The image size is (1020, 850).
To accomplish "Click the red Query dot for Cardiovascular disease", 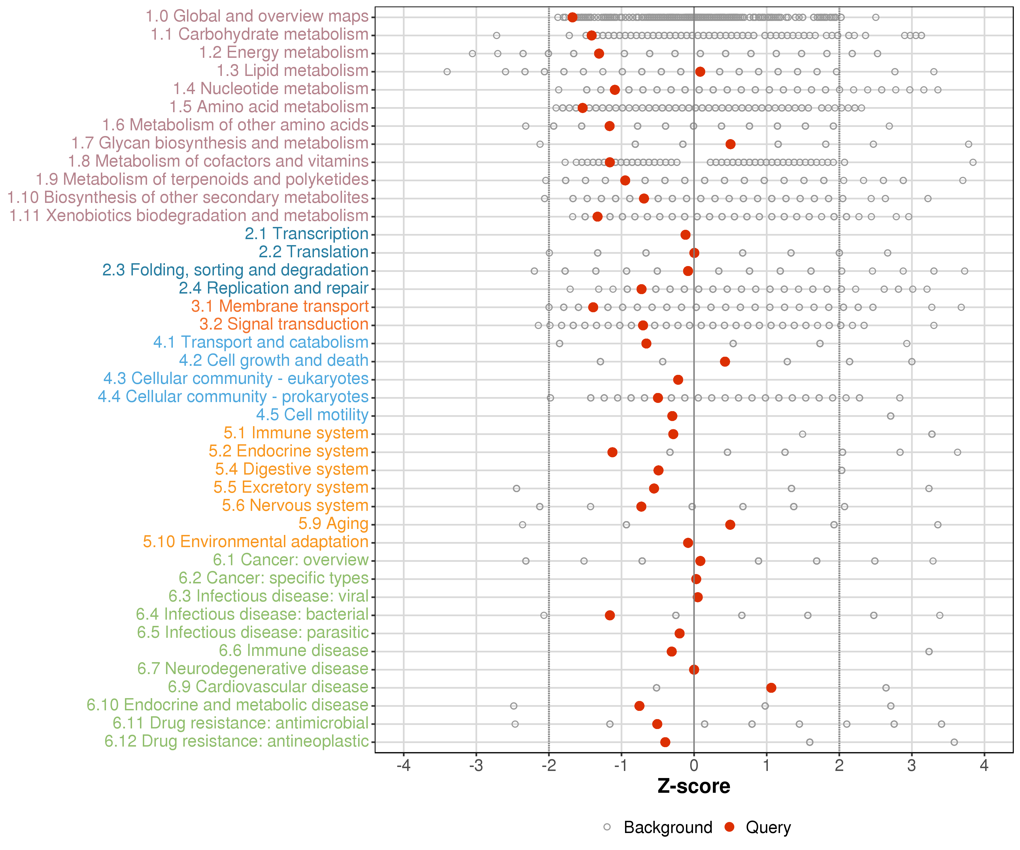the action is [771, 687].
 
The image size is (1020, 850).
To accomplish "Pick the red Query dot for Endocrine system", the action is [613, 452].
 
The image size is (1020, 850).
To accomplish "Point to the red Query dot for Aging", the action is [730, 524].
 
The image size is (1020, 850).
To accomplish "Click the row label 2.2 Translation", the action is [313, 252].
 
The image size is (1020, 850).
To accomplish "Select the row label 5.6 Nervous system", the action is [295, 506].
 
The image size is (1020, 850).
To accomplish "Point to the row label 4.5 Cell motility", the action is [312, 415].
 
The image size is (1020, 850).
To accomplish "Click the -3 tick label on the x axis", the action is [476, 766].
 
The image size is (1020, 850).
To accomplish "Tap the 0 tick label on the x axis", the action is [694, 766].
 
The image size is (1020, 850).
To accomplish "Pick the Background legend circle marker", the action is [607, 827].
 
